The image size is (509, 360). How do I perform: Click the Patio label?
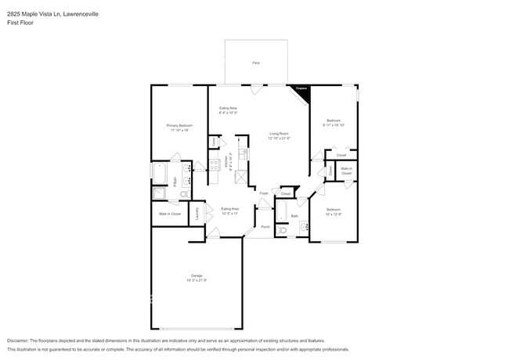pyautogui.click(x=256, y=63)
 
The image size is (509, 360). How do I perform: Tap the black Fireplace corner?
pyautogui.click(x=302, y=92)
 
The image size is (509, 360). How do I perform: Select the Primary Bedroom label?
pyautogui.click(x=179, y=125)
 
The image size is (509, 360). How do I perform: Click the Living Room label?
pyautogui.click(x=280, y=134)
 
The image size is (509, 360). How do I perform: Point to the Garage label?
pyautogui.click(x=197, y=275)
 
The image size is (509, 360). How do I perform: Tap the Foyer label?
pyautogui.click(x=264, y=193)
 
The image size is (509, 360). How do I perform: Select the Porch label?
pyautogui.click(x=265, y=227)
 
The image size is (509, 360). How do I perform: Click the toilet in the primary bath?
pyautogui.click(x=184, y=193)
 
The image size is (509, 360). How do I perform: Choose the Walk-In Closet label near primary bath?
pyautogui.click(x=170, y=214)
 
